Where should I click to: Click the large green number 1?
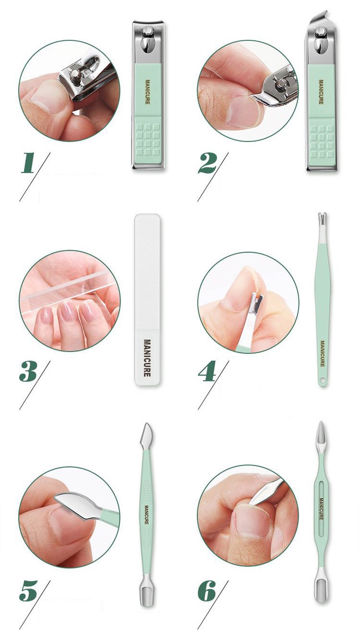pos(28,163)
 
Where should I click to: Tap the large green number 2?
pos(207,163)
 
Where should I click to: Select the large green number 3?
pos(28,371)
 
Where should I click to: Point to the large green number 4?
pos(207,371)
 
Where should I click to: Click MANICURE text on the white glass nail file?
pos(147,358)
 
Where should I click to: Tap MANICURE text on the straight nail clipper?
pos(147,92)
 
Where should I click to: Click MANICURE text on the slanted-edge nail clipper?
pos(321,92)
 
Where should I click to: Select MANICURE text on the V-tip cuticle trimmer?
pos(323,353)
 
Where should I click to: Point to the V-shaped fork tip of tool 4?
pos(322,217)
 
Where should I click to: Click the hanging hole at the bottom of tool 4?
pos(322,380)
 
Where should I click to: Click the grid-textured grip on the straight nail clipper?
pos(148,139)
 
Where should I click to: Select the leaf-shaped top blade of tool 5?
pos(146,434)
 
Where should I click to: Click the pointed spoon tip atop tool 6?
pos(321,433)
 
